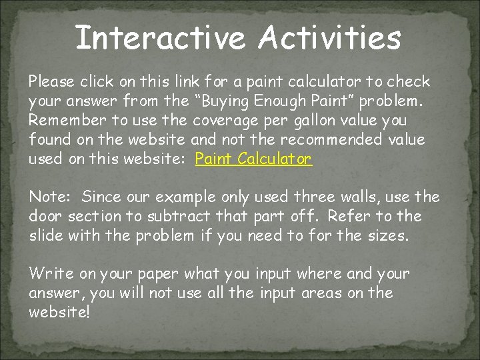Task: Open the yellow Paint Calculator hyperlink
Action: pyautogui.click(x=253, y=159)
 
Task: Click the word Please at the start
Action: pyautogui.click(x=51, y=82)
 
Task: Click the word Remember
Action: pyautogui.click(x=62, y=121)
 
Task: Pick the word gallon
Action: pyautogui.click(x=313, y=121)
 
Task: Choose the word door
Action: pyautogui.click(x=45, y=216)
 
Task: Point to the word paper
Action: pyautogui.click(x=158, y=273)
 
